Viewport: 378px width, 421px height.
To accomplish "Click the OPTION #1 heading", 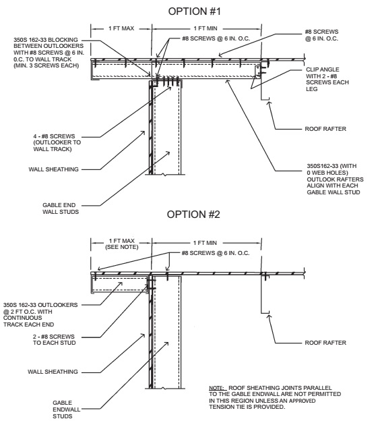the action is [x=194, y=11].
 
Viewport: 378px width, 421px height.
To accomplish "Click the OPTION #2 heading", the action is [x=193, y=215].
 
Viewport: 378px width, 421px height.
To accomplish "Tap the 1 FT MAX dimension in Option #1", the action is [x=121, y=28].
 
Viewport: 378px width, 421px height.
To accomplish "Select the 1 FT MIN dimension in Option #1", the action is [x=206, y=28].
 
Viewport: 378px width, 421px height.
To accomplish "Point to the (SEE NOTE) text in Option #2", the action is [x=122, y=247].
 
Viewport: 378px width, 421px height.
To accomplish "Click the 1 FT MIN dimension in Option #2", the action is [x=205, y=243].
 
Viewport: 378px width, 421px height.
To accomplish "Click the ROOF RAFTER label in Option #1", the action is [x=325, y=129].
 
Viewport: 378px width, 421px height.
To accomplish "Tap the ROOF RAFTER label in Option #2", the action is [x=325, y=343].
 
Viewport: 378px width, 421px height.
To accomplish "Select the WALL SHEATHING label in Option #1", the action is [x=54, y=169].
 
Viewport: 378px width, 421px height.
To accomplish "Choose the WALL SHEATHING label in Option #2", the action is [x=53, y=372].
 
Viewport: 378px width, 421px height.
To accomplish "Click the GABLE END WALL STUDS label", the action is [x=61, y=208].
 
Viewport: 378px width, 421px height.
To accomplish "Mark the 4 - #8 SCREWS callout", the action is [x=57, y=142].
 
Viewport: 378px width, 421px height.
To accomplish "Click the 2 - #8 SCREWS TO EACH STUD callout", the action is [x=54, y=339].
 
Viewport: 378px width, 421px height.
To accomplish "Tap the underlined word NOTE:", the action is [x=216, y=388].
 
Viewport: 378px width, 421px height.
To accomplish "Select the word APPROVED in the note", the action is [x=302, y=401].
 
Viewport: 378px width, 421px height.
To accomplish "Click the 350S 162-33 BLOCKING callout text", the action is [x=49, y=53].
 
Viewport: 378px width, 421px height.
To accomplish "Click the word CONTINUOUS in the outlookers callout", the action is [x=22, y=318].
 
